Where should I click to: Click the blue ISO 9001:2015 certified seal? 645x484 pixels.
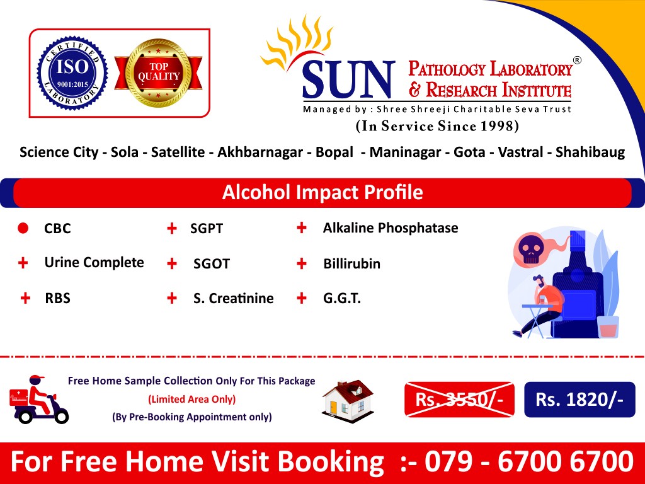coord(72,73)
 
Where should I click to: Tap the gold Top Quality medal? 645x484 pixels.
coord(158,73)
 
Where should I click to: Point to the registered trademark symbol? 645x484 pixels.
coord(577,60)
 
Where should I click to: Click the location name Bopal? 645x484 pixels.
coord(334,153)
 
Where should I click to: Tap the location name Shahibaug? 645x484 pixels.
coord(590,153)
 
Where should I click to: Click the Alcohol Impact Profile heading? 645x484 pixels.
coord(322,192)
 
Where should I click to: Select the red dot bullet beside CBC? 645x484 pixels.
coord(23,228)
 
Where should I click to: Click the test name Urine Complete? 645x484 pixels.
coord(94,263)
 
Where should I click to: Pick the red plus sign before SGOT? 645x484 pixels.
coord(171,263)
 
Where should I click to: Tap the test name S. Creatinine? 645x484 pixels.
coord(233,298)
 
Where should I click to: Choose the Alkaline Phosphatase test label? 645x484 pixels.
coord(391,228)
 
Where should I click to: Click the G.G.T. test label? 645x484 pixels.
coord(342,298)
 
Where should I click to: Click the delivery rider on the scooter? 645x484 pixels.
coord(39,400)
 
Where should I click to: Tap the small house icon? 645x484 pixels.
coord(348,401)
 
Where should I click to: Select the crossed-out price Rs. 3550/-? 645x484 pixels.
coord(459,399)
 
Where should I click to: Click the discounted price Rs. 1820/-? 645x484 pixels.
coord(579,399)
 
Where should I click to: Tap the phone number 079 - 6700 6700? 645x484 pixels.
coord(528,461)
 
